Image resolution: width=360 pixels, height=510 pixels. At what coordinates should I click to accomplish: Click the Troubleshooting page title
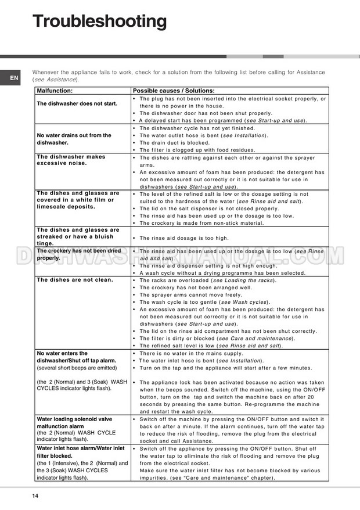point(99,21)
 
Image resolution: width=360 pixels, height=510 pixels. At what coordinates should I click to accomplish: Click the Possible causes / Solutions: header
point(174,91)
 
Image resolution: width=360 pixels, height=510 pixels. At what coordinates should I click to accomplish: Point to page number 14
point(35,495)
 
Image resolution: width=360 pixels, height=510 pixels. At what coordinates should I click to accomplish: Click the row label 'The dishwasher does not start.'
point(77,103)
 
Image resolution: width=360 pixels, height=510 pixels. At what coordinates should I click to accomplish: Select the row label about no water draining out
point(74,139)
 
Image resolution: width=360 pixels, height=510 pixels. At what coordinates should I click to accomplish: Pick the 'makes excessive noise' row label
point(71,160)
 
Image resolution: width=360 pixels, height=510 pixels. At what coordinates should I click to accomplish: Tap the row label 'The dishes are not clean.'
point(75,280)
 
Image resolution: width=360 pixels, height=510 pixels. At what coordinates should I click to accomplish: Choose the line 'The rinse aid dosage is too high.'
point(184,238)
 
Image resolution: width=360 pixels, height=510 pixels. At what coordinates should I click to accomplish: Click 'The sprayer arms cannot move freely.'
point(191,294)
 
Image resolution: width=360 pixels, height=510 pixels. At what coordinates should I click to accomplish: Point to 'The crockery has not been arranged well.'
point(196,288)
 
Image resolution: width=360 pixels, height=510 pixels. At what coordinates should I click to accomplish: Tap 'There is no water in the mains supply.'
point(191,353)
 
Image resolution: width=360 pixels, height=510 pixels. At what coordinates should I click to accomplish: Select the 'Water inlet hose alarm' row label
point(80,448)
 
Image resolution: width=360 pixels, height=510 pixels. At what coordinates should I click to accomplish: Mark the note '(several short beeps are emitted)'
point(76,368)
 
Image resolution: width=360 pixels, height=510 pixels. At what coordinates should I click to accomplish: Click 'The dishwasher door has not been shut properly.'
point(206,113)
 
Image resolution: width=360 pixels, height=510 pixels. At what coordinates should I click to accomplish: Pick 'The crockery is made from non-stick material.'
point(201,223)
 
